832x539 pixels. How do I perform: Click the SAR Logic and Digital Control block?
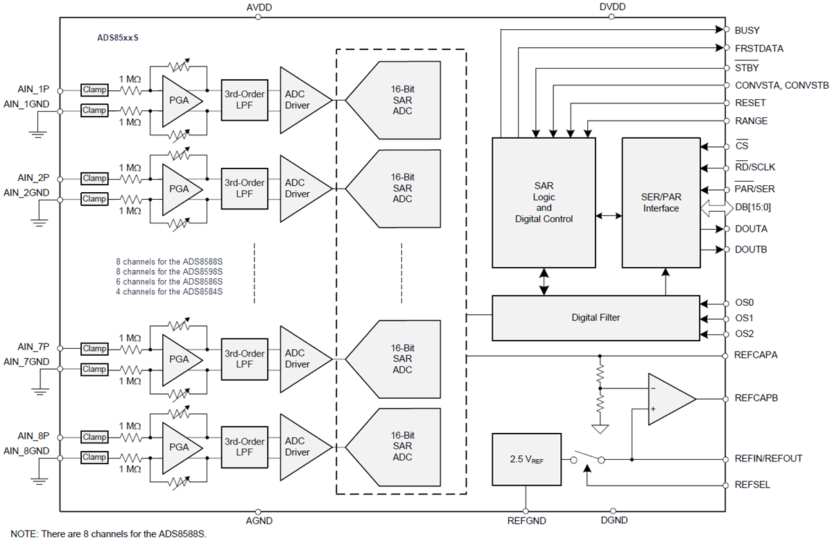[544, 203]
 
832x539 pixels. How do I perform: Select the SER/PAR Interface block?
[660, 203]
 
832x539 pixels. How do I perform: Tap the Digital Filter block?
[596, 318]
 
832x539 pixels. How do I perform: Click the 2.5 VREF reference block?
[526, 459]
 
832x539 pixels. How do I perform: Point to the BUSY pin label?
[747, 31]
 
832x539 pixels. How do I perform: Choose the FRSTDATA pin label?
[759, 49]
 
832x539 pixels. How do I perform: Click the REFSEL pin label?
[752, 485]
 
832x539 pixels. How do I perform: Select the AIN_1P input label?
[33, 89]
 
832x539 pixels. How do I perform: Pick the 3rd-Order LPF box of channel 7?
[244, 359]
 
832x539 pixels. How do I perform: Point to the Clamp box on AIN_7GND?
[94, 369]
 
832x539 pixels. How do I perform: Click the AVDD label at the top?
[259, 7]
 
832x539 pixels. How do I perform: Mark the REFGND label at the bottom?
[526, 520]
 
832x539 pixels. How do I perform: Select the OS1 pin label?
[743, 318]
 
